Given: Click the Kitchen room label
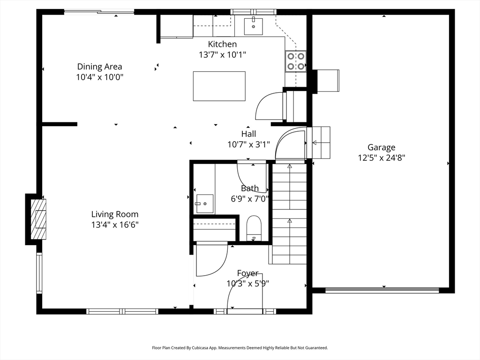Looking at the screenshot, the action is point(222,44).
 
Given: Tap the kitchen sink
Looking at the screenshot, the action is point(253,26).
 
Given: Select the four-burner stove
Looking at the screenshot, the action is point(296,61).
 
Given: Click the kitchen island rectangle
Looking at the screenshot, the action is point(219,86).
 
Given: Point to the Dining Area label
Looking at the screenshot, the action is point(99,67).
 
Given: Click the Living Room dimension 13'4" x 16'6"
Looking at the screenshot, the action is point(115,225).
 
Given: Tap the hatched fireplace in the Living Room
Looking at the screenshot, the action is point(38,219).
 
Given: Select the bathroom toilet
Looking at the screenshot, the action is point(254,228).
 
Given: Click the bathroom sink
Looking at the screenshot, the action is point(204,203).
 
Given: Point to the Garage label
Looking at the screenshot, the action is point(382,148).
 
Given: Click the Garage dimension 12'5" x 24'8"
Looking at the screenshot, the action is point(382,158).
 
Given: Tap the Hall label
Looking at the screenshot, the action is point(248,134).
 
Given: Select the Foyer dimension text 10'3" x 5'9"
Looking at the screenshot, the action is point(247,284).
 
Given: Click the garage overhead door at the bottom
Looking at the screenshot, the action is point(382,290).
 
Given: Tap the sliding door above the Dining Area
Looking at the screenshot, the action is point(99,12).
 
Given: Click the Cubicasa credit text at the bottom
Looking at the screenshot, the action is point(240,348).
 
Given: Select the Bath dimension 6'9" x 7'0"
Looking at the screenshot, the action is point(250,199).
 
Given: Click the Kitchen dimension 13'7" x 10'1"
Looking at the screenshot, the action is point(223,55).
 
